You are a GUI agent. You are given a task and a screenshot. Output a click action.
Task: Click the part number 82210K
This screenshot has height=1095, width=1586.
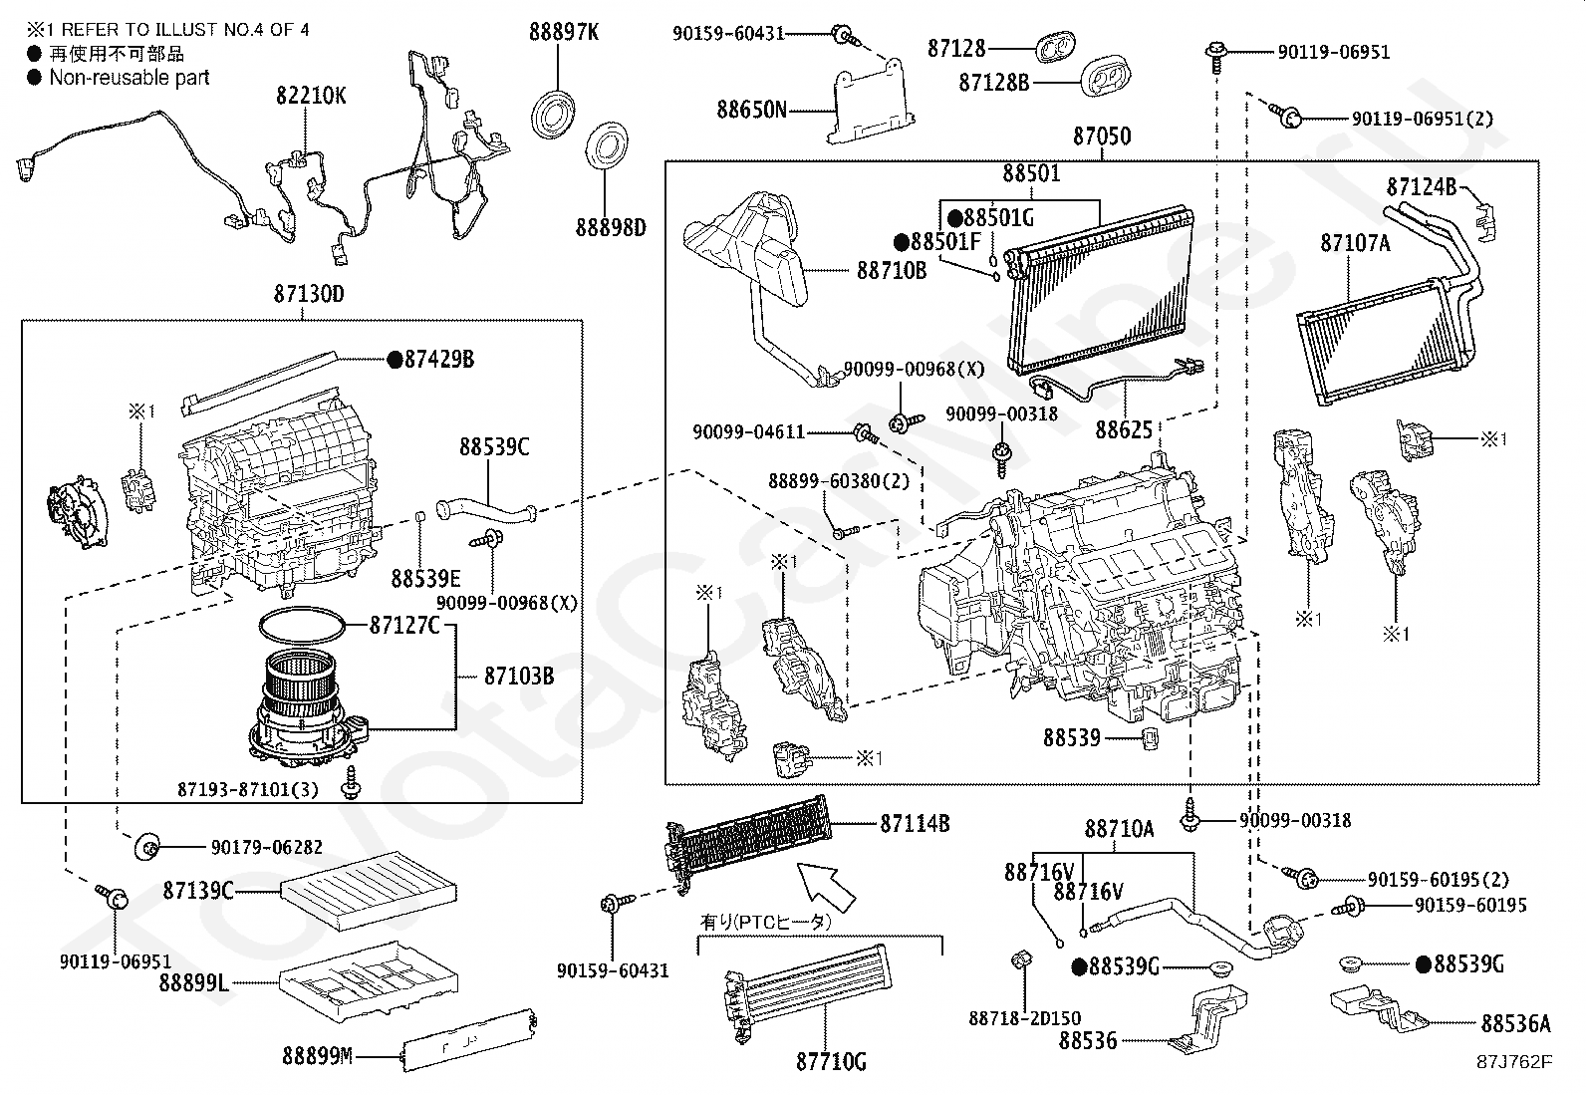pyautogui.click(x=311, y=96)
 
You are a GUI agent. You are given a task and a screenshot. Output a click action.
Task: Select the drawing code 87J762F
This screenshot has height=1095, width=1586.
pyautogui.click(x=1513, y=1061)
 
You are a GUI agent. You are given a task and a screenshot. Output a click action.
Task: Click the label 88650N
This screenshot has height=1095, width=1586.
pyautogui.click(x=751, y=109)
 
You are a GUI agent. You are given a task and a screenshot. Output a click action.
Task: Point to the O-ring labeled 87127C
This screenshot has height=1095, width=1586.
pyautogui.click(x=303, y=628)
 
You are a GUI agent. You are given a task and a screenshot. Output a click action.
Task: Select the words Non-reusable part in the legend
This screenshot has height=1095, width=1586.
pyautogui.click(x=130, y=77)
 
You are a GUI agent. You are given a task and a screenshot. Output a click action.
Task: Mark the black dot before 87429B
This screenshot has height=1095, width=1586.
pyautogui.click(x=394, y=359)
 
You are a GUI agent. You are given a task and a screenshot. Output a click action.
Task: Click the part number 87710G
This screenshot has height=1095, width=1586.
pyautogui.click(x=830, y=1062)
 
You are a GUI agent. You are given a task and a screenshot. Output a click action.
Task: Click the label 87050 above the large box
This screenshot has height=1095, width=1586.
pyautogui.click(x=1101, y=137)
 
